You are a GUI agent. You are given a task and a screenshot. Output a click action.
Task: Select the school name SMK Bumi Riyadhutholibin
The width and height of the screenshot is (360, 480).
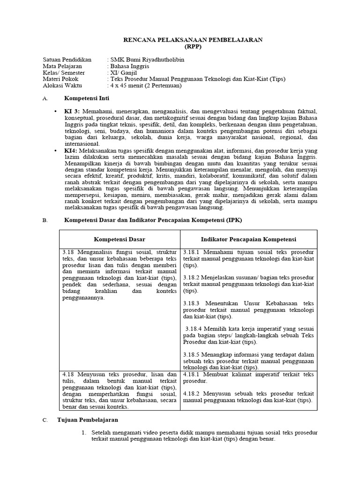click(148, 60)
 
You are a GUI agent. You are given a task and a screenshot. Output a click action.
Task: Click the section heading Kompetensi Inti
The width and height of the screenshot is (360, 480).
click(83, 99)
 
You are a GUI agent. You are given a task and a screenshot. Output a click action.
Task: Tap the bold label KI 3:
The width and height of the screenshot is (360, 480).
click(73, 111)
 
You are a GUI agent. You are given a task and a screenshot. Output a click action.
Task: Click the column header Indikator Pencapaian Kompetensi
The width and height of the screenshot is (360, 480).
click(248, 239)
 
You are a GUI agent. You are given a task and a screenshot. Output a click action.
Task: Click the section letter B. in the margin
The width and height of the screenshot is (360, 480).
click(45, 220)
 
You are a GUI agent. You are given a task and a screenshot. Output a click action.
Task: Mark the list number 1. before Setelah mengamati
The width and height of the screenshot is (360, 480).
click(84, 432)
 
